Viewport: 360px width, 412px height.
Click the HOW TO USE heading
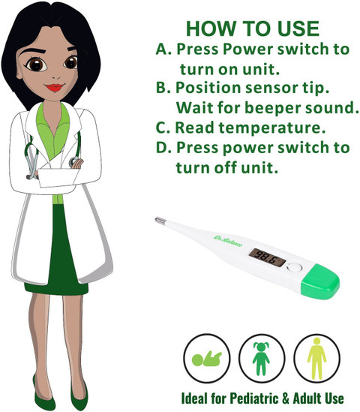click(253, 29)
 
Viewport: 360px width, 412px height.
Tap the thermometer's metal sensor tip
click(160, 221)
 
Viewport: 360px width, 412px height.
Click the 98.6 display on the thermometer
click(267, 257)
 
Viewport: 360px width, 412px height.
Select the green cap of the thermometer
click(320, 281)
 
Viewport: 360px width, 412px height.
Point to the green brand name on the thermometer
click(227, 241)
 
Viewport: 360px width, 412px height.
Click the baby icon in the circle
click(207, 359)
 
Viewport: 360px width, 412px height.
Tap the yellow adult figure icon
click(317, 359)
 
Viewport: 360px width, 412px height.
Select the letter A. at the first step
click(163, 49)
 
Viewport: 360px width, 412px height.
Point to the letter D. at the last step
click(163, 147)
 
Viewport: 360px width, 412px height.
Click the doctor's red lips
click(54, 87)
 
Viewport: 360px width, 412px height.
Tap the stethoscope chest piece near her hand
click(73, 162)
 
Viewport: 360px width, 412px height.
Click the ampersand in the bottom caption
click(286, 398)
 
